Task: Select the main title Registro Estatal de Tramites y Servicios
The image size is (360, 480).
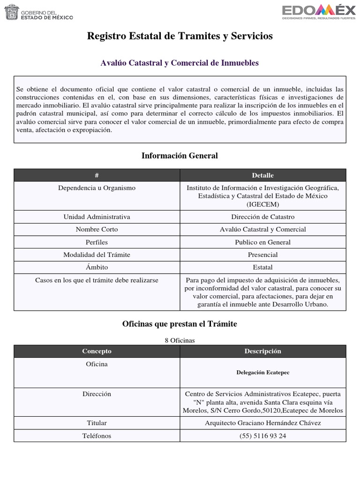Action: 180,36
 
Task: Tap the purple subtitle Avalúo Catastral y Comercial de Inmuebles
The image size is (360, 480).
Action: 180,62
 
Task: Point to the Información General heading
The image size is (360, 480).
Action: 180,155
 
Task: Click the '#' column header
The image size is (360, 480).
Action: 97,175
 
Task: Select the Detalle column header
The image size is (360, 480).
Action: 262,175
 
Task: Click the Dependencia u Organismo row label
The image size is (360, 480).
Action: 97,188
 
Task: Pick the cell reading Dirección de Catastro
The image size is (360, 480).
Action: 262,217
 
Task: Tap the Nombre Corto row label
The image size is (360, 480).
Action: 97,230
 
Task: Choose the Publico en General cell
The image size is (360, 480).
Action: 262,242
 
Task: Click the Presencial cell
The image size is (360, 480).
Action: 262,255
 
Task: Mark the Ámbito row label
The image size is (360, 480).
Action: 97,267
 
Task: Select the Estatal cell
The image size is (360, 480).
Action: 262,267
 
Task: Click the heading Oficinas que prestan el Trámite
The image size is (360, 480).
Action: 180,324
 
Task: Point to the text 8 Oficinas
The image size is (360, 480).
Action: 180,340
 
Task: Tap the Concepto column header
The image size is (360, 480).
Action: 97,351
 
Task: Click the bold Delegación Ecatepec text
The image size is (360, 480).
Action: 262,372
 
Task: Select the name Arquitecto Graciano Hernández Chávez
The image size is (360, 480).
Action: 262,423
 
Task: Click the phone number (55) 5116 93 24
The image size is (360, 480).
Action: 262,436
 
